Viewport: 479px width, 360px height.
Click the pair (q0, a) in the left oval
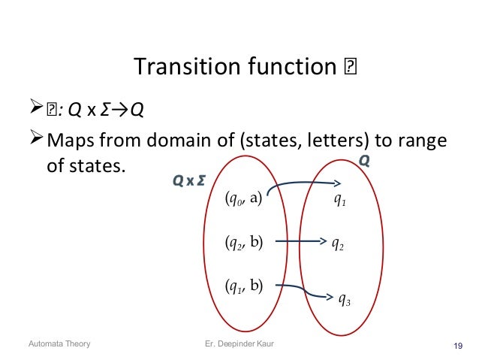click(243, 199)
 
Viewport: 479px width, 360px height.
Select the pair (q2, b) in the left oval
click(243, 242)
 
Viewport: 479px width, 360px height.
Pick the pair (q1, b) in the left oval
click(243, 286)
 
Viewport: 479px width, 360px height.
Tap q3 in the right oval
click(345, 301)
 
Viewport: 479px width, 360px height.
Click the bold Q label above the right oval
click(364, 162)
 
